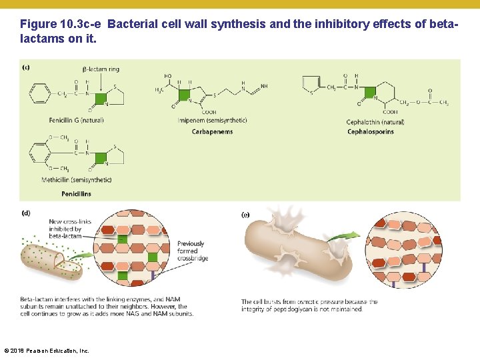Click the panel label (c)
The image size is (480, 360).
point(26,67)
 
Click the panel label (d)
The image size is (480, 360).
point(26,214)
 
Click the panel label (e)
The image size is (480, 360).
point(245,215)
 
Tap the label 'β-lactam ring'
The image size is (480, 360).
point(101,69)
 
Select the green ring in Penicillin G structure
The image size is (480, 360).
point(101,100)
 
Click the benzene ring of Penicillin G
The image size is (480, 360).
point(40,94)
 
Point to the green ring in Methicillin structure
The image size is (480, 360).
point(101,158)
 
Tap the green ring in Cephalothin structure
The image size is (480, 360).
point(367,95)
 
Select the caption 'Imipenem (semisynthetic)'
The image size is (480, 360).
point(212,121)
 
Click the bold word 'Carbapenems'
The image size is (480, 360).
point(212,132)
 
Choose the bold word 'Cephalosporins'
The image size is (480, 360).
point(370,132)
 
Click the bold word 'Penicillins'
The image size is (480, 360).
point(76,194)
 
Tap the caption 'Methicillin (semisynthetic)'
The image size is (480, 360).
point(76,180)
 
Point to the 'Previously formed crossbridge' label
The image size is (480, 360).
point(192,251)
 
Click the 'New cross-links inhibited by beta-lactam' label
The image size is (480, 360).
point(65,229)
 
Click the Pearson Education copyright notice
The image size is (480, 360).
point(47,350)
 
